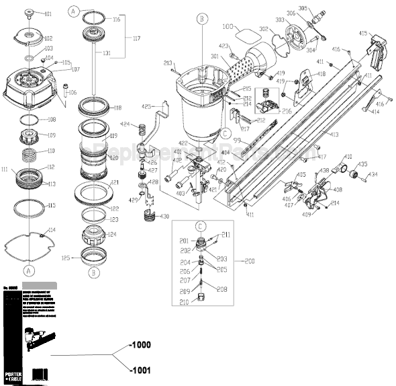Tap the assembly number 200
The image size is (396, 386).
[x=249, y=260]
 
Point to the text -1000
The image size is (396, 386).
[x=144, y=345]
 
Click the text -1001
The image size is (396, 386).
[x=144, y=369]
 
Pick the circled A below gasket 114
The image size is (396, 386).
[x=28, y=269]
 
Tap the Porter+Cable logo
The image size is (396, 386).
[x=14, y=371]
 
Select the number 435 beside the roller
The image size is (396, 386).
[x=362, y=163]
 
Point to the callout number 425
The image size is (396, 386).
[x=147, y=106]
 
